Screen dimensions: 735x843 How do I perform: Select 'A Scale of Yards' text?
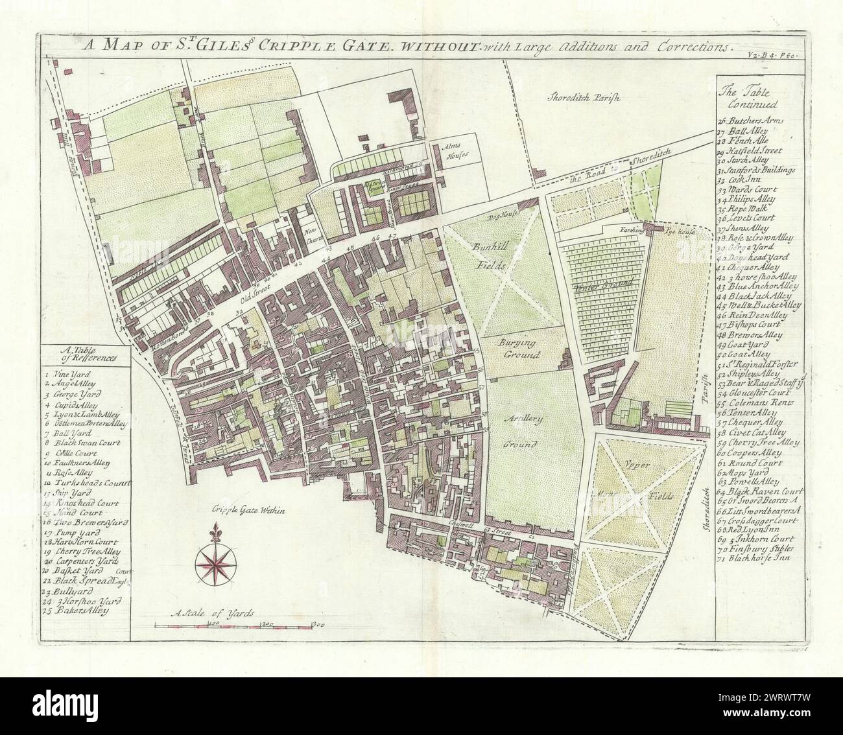pyautogui.click(x=213, y=612)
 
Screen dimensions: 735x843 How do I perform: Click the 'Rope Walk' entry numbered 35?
pyautogui.click(x=752, y=209)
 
